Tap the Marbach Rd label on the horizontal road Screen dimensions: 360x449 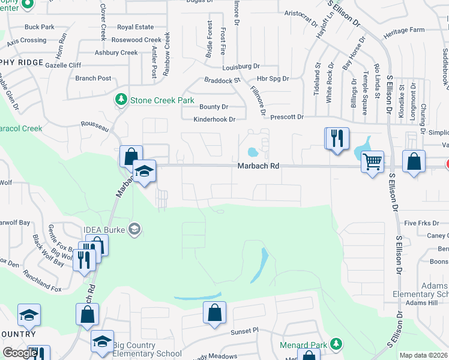(x=258, y=166)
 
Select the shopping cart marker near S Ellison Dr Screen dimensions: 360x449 (x=372, y=161)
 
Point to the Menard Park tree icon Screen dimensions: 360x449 (x=337, y=344)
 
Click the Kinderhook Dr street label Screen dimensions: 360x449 (x=214, y=119)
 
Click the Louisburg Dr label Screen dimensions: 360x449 (x=240, y=66)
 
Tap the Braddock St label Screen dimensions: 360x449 (x=222, y=80)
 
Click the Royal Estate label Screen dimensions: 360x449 (x=135, y=27)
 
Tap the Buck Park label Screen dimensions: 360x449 (x=40, y=27)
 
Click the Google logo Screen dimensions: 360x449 (x=20, y=353)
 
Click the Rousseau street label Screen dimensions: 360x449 (x=95, y=127)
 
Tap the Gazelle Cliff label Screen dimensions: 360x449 (x=62, y=65)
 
